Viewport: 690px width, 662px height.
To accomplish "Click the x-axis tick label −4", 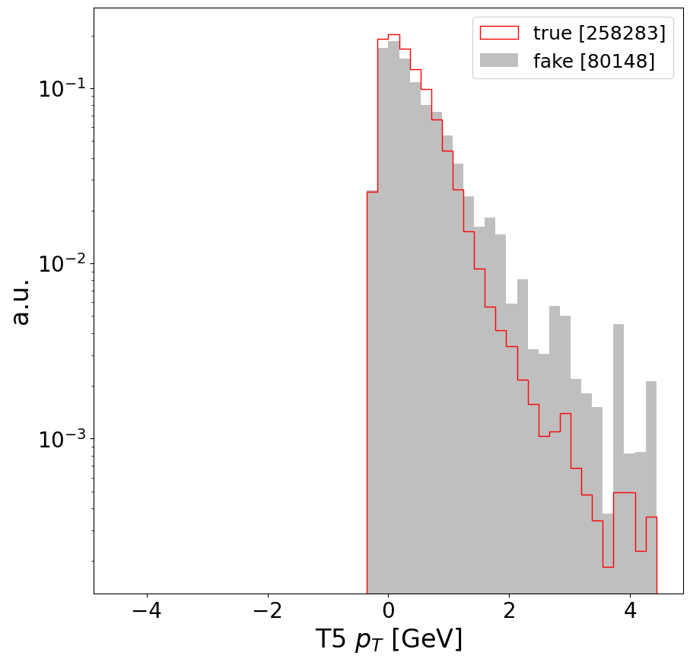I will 146,612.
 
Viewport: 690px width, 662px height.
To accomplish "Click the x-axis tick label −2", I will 267,612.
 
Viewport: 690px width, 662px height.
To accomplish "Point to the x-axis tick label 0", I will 388,612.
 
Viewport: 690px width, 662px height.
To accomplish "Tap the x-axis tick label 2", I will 509,612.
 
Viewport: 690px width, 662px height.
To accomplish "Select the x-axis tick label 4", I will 630,612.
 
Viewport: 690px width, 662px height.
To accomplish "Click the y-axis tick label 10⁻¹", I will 62,89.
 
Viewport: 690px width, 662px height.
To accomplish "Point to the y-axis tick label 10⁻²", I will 62,264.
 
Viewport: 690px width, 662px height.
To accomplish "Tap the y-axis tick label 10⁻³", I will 62,439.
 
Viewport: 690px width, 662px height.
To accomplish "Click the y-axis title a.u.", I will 21,301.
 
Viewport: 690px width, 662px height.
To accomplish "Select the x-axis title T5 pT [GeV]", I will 388,640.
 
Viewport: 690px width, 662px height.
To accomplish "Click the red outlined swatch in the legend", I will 498,33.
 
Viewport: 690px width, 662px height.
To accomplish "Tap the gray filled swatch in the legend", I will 498,61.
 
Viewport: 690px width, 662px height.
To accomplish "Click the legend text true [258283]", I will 599,33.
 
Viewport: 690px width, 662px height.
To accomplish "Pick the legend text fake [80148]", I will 593,61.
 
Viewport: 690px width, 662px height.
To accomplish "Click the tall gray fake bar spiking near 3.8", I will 618,457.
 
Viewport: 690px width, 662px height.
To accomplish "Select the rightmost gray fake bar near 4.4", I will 651,487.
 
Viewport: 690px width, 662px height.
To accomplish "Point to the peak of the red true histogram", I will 393,35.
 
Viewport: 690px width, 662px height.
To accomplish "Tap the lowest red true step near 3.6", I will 608,566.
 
